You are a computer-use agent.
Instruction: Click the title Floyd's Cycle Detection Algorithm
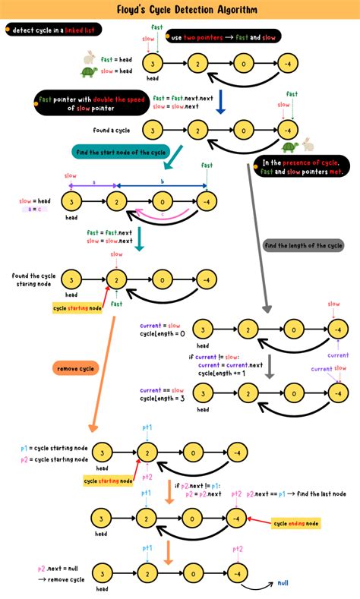click(180, 11)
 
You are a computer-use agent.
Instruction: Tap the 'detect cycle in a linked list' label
click(54, 30)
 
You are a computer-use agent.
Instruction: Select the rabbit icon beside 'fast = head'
click(90, 56)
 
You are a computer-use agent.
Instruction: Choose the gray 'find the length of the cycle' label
click(303, 245)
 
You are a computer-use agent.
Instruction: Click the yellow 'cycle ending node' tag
click(296, 524)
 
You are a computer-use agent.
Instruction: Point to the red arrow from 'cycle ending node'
click(260, 522)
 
